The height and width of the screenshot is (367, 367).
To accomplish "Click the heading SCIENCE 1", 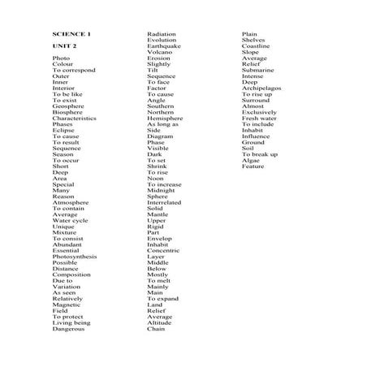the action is click(72, 34).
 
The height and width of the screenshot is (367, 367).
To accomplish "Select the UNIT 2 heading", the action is click(64, 46).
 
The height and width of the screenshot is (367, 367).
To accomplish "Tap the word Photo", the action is click(61, 58).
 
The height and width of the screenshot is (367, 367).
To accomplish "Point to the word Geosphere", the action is click(68, 106).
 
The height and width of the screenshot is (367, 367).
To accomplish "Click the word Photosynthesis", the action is click(75, 256).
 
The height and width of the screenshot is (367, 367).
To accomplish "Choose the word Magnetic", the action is click(67, 304).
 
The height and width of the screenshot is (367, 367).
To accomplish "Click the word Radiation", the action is click(162, 34).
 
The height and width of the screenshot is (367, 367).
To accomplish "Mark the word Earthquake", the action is click(165, 46).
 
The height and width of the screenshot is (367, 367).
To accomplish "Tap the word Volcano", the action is click(160, 52).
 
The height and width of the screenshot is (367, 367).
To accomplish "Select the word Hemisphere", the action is click(165, 118).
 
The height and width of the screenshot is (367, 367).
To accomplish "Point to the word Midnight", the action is click(162, 190).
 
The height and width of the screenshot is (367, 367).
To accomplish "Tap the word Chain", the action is click(156, 329).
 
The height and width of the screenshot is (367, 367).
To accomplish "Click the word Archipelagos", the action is click(261, 88).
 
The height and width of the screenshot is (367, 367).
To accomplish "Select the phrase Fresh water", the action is click(259, 118).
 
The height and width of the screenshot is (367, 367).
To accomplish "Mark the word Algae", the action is click(251, 160).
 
